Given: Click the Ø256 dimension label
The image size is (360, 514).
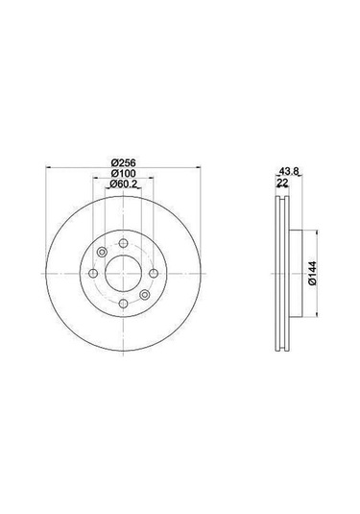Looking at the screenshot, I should coord(124,160).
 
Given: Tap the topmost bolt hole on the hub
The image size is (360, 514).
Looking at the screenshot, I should coord(124,240).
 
